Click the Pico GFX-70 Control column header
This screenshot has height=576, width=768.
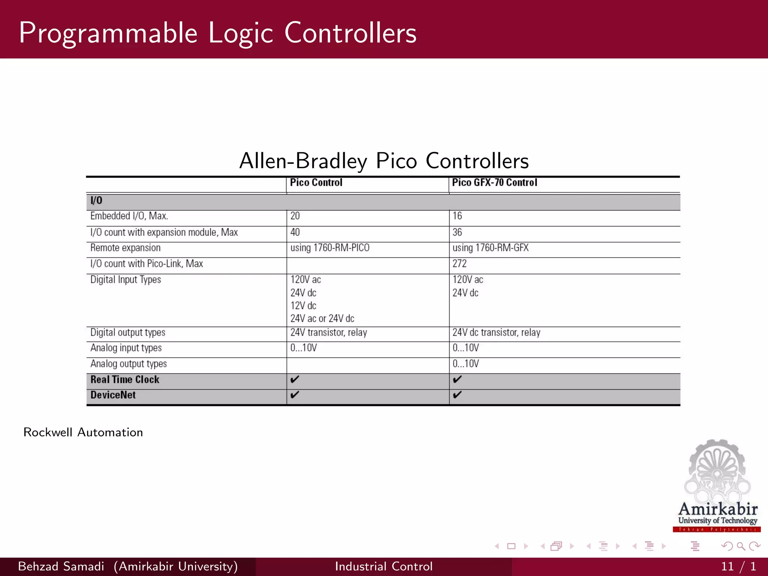coord(494,183)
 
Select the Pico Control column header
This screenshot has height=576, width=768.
coord(316,183)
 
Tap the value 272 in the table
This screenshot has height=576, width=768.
coord(459,264)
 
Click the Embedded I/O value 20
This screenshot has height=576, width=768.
coord(295,216)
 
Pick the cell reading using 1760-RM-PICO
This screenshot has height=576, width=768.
coord(330,248)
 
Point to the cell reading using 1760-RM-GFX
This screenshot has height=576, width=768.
coord(490,248)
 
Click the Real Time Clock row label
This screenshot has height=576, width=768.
coord(125,379)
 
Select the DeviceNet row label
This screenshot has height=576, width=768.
coord(113,395)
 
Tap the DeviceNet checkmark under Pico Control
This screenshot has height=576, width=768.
coord(295,395)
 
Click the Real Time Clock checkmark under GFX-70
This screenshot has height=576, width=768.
coord(457,379)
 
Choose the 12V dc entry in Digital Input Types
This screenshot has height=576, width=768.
coord(303,306)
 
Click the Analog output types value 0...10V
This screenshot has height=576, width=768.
coord(465,364)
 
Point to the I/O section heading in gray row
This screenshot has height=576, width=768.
coord(96,201)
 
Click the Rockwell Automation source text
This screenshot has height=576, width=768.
coord(83,432)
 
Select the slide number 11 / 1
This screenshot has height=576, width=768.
coord(738,566)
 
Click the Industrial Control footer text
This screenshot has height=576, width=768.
coord(384,566)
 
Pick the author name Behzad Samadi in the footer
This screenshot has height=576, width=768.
coord(61,566)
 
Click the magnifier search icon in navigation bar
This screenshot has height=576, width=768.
coord(741,546)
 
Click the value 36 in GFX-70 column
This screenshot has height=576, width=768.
coord(457,232)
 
